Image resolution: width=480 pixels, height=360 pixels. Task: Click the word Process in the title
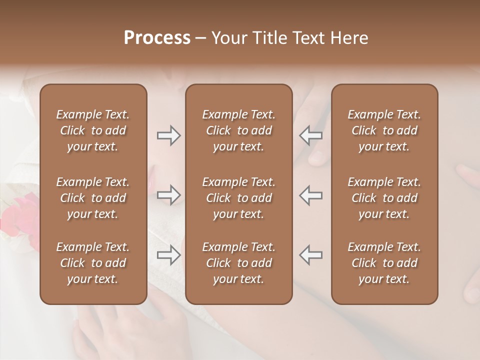pos(157,38)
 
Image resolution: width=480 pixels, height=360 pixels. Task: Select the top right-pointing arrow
pos(168,135)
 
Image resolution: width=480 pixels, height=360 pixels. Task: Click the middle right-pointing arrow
pos(168,195)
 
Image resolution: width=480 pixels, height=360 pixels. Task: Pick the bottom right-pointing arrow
pos(168,255)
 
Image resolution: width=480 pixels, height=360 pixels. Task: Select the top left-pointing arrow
pos(310,135)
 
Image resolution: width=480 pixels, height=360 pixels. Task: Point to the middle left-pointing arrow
pos(310,195)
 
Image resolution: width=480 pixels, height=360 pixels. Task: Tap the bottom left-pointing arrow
pos(310,255)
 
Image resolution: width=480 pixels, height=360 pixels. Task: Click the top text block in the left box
pos(93,130)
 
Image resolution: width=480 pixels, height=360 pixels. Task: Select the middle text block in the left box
pos(93,198)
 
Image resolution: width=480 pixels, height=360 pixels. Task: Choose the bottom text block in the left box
pos(93,263)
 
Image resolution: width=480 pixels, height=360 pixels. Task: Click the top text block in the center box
pos(238,130)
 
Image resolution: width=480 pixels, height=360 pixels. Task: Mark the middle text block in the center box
pos(238,198)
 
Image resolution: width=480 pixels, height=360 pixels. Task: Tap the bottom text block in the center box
pos(238,263)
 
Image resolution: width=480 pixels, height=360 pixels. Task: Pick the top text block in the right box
pos(384,130)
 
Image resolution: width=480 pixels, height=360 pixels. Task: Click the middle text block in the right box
pos(384,198)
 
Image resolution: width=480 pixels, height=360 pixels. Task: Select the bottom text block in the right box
pos(384,263)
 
